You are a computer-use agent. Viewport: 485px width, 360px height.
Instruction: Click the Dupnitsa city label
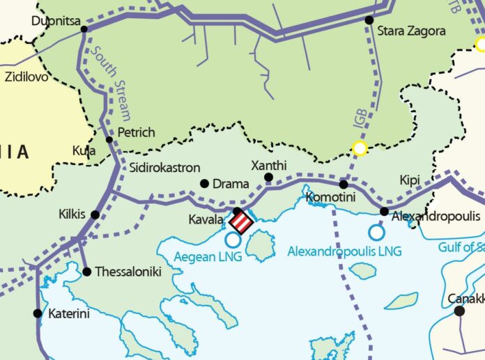(x=55, y=20)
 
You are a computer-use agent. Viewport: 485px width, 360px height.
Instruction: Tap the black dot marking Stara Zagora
(x=369, y=20)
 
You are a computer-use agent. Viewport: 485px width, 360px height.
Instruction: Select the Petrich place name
(x=136, y=132)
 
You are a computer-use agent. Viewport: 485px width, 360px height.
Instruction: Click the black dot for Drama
(x=205, y=184)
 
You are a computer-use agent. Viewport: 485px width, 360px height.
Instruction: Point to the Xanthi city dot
(x=269, y=178)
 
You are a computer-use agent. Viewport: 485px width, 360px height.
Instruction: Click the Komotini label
(x=328, y=198)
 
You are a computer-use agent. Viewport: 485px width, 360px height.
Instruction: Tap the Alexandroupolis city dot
(x=384, y=211)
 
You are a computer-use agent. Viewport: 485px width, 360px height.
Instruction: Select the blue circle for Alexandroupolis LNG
(x=377, y=233)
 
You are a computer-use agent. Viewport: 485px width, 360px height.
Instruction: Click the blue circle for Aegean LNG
(x=233, y=240)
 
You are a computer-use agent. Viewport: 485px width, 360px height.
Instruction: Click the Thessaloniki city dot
(x=86, y=272)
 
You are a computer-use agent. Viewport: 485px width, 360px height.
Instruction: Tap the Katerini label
(x=69, y=314)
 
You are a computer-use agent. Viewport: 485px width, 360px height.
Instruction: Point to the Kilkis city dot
(x=95, y=214)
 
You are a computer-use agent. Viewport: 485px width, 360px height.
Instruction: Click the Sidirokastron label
(x=165, y=168)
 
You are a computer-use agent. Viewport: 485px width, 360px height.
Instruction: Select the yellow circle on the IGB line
(x=360, y=148)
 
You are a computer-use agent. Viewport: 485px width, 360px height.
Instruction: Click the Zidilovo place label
(x=27, y=77)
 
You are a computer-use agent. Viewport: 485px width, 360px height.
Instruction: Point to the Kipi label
(x=410, y=181)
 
